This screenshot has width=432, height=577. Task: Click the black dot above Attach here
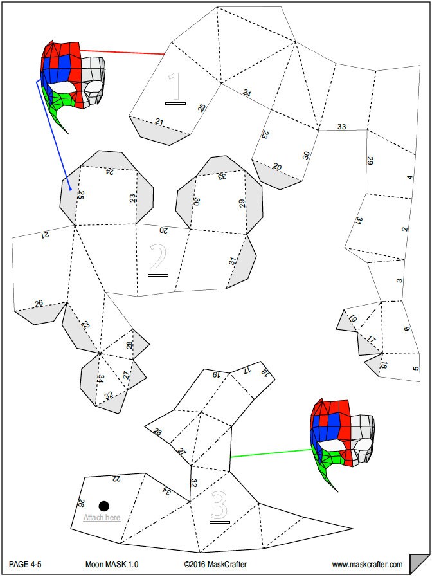(104, 506)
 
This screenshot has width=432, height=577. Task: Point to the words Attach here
(102, 517)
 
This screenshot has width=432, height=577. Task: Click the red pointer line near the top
(122, 52)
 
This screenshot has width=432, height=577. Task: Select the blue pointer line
(53, 134)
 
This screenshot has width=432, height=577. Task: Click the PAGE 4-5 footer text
(25, 564)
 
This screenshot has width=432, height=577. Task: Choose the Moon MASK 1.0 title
(112, 564)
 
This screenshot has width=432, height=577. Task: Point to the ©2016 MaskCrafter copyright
(215, 564)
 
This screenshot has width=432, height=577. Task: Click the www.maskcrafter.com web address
(367, 565)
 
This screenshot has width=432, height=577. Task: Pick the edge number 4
(410, 177)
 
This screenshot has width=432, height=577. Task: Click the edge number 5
(416, 368)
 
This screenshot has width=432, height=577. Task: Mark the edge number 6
(407, 329)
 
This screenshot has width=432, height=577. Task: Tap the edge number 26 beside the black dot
(81, 503)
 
